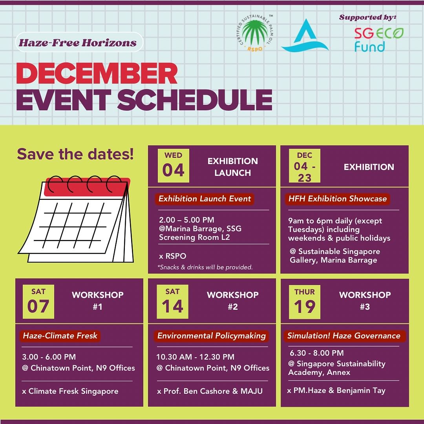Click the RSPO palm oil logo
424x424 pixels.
tap(255, 33)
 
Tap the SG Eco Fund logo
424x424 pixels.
tap(378, 40)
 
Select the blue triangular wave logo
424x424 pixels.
tap(305, 35)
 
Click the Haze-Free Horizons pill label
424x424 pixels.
tap(79, 42)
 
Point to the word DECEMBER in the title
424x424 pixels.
tap(97, 74)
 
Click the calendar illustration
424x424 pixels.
tap(76, 219)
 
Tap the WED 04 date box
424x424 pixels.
tap(174, 166)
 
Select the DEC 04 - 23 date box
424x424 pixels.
tap(305, 166)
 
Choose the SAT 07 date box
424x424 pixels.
tap(38, 302)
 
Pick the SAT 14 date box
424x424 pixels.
tap(172, 302)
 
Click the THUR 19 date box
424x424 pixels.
tap(305, 302)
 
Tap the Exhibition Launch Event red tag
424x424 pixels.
tap(205, 199)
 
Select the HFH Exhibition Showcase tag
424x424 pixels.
tap(338, 199)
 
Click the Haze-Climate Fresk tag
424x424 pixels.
tap(60, 336)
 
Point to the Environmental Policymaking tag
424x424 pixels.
tap(212, 336)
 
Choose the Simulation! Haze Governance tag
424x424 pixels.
tap(344, 336)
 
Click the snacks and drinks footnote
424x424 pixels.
tap(205, 267)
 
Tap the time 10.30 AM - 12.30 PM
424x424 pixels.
tap(195, 357)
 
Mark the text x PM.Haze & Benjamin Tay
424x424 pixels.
tap(336, 391)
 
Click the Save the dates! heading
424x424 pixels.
tap(75, 154)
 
